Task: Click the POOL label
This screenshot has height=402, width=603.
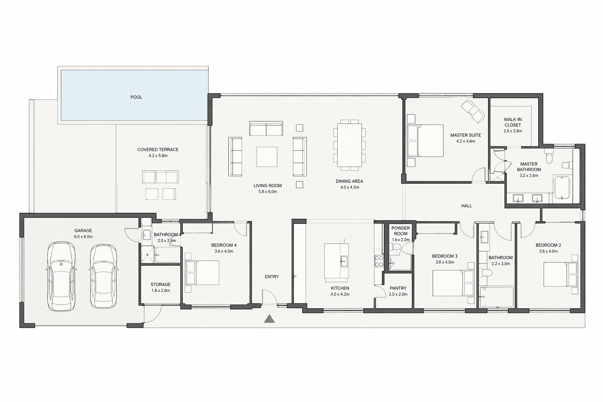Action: (x=136, y=97)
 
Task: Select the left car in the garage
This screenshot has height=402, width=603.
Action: (x=61, y=276)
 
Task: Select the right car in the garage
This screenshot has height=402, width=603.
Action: (x=103, y=276)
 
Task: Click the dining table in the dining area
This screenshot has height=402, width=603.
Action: (x=349, y=145)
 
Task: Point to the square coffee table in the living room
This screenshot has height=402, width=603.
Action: (x=267, y=157)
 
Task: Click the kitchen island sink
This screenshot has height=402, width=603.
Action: (x=344, y=261)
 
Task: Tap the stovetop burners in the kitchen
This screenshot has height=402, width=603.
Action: (x=379, y=261)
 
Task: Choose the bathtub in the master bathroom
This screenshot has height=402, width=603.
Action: (x=562, y=187)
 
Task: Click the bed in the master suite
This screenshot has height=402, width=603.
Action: (x=425, y=141)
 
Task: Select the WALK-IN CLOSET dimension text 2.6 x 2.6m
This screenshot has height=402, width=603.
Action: (x=513, y=131)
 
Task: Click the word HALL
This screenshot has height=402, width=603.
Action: (x=466, y=206)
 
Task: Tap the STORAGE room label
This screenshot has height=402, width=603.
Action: (x=161, y=284)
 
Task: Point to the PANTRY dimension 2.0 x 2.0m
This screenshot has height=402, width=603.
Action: (x=398, y=294)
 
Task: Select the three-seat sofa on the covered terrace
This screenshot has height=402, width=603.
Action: (x=160, y=177)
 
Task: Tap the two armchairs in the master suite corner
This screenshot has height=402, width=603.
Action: (x=472, y=112)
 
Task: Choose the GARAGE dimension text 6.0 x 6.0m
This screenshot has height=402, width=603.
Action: (x=83, y=237)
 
